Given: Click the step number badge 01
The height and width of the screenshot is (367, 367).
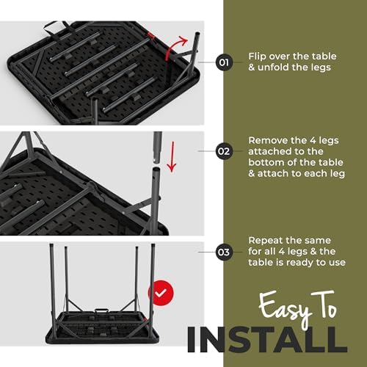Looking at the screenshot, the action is coord(224,62).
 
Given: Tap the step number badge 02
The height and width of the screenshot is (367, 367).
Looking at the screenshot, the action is coord(224,151).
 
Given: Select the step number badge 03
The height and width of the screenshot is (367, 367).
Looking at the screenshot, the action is coord(224,252).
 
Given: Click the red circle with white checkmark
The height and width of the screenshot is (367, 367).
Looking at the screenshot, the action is coord(161,293).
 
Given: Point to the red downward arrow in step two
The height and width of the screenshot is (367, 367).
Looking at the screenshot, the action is coord(172,156).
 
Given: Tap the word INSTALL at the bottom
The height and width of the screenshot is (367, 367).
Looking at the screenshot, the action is coord(267,340).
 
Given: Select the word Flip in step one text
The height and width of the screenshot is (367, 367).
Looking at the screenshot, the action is coord(258,57).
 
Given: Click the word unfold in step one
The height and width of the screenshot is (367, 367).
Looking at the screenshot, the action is coord(274,67).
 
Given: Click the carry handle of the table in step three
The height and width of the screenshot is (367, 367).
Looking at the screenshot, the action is coord(102,311).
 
